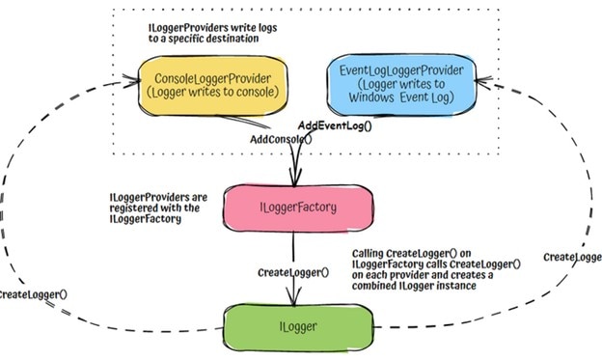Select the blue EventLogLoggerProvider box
[x=397, y=84]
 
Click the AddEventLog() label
[x=335, y=125]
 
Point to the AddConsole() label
[x=281, y=140]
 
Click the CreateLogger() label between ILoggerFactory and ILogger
[x=293, y=272]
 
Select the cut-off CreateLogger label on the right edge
[x=573, y=258]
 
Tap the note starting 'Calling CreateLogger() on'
[x=436, y=269]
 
